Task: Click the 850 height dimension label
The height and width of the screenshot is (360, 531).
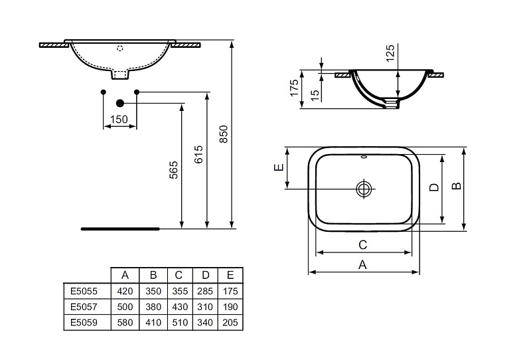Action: (x=224, y=134)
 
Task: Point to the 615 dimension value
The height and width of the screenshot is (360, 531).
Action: (x=198, y=155)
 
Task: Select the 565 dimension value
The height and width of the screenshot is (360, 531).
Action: (x=173, y=170)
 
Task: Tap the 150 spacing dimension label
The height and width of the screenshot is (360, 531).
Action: (x=119, y=120)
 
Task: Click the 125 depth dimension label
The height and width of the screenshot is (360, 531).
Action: (x=390, y=53)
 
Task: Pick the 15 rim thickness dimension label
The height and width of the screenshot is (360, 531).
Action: (x=315, y=95)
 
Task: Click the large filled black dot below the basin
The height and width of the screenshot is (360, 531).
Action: (x=120, y=103)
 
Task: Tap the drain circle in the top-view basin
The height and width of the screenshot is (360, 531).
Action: (x=364, y=189)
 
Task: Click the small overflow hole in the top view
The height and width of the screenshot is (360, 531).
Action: (x=364, y=157)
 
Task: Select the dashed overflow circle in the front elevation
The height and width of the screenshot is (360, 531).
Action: (x=119, y=48)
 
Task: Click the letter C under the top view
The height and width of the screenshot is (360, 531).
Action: (x=362, y=244)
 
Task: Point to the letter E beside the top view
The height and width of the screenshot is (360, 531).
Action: (x=279, y=167)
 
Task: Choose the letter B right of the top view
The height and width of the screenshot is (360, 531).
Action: (x=457, y=186)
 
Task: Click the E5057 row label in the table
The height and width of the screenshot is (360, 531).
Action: (x=84, y=307)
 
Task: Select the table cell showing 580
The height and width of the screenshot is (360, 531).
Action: (x=125, y=322)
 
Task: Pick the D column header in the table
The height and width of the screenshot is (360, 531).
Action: (x=205, y=275)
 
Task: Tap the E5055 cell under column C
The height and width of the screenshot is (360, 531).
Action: (x=180, y=291)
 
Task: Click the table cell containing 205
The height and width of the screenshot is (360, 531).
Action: (x=230, y=322)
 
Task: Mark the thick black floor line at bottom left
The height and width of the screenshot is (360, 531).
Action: (x=120, y=228)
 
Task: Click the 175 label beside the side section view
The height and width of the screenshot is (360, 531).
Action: (x=294, y=88)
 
